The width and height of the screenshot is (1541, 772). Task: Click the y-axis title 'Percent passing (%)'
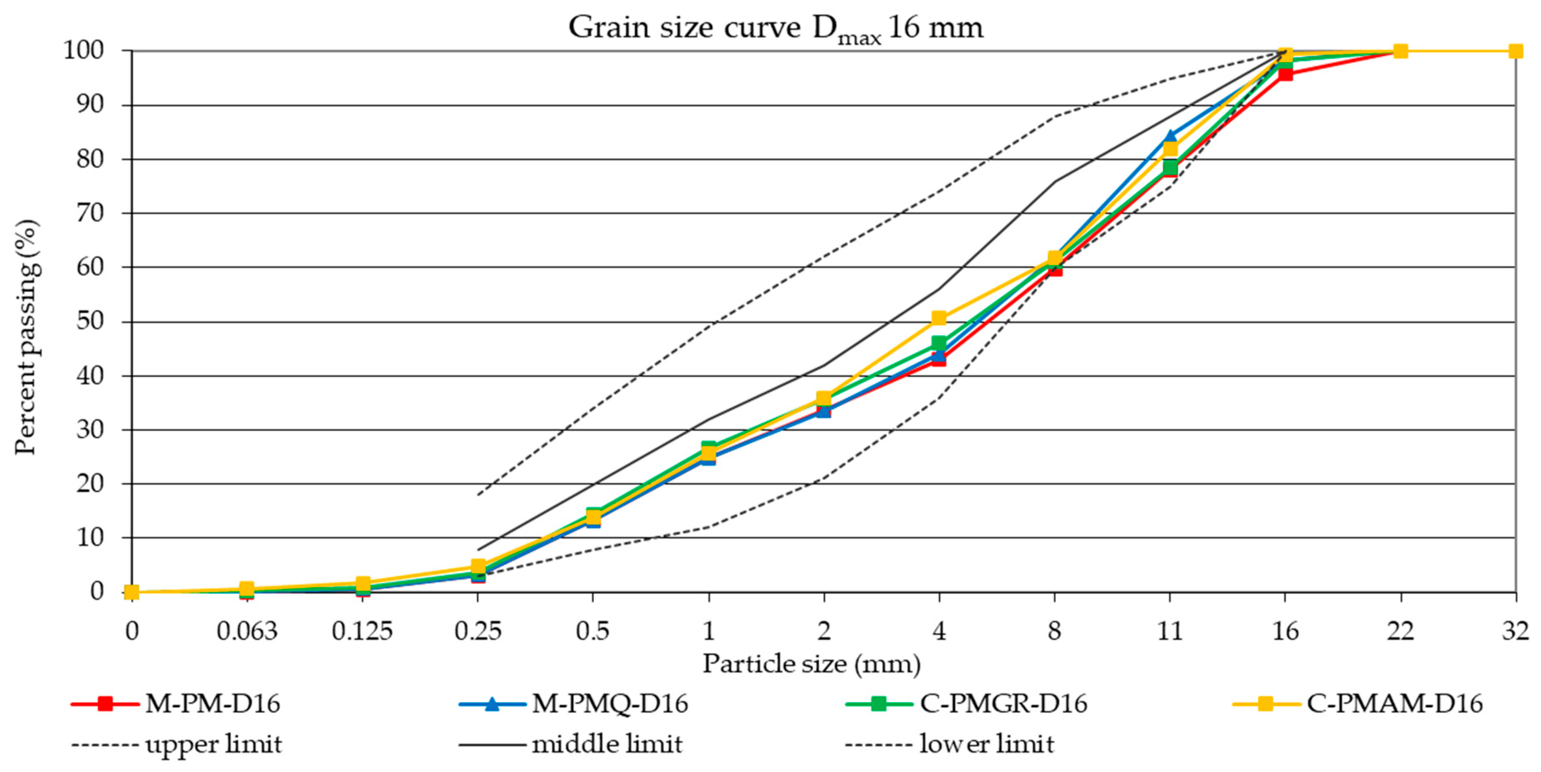(x=26, y=337)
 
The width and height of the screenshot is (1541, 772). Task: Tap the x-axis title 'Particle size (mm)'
(x=811, y=664)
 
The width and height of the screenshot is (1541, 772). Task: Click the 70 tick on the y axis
(x=90, y=213)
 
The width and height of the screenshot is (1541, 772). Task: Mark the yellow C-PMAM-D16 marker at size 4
(x=939, y=318)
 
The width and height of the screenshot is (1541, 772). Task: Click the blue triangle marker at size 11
(x=1170, y=136)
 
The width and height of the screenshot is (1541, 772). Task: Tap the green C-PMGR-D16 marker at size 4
(x=939, y=343)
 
